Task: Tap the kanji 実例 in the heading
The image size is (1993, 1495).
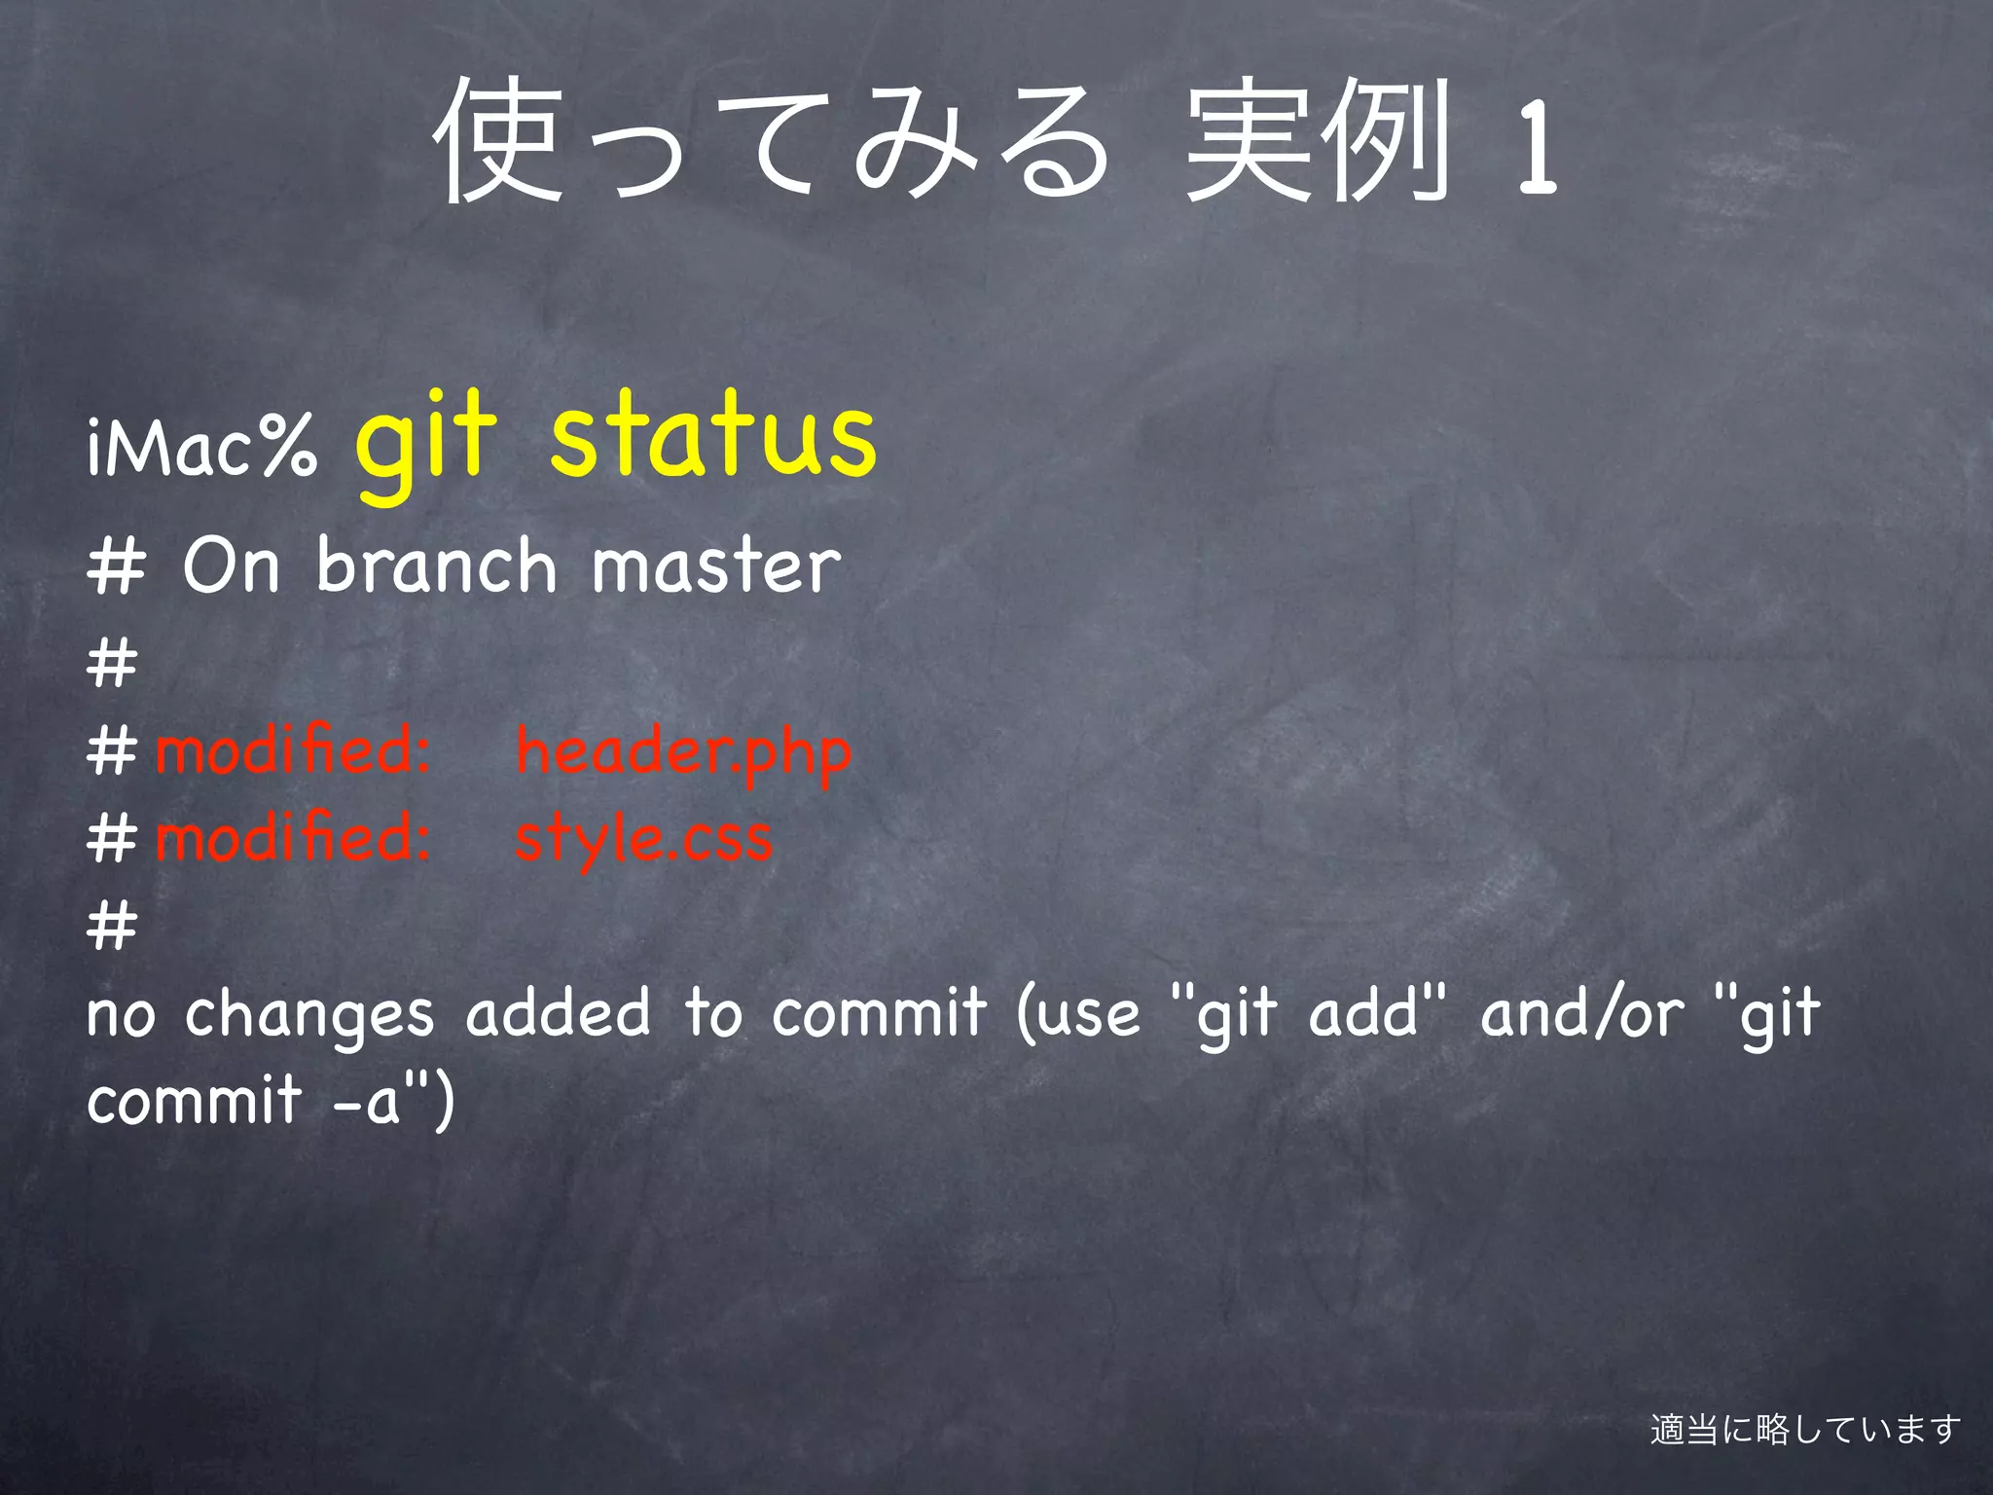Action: coord(1319,141)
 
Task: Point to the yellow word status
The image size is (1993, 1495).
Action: coord(713,435)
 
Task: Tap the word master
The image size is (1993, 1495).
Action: coord(715,566)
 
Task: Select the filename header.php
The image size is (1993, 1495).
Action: coord(683,751)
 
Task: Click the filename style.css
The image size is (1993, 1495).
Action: coord(643,838)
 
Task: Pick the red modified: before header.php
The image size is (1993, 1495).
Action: coord(292,751)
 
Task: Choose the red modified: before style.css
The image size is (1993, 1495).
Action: coord(292,838)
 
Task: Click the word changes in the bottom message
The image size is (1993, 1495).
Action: coord(308,1015)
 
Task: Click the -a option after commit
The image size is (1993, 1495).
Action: coord(367,1101)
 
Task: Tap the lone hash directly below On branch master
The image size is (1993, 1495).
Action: coord(112,664)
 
